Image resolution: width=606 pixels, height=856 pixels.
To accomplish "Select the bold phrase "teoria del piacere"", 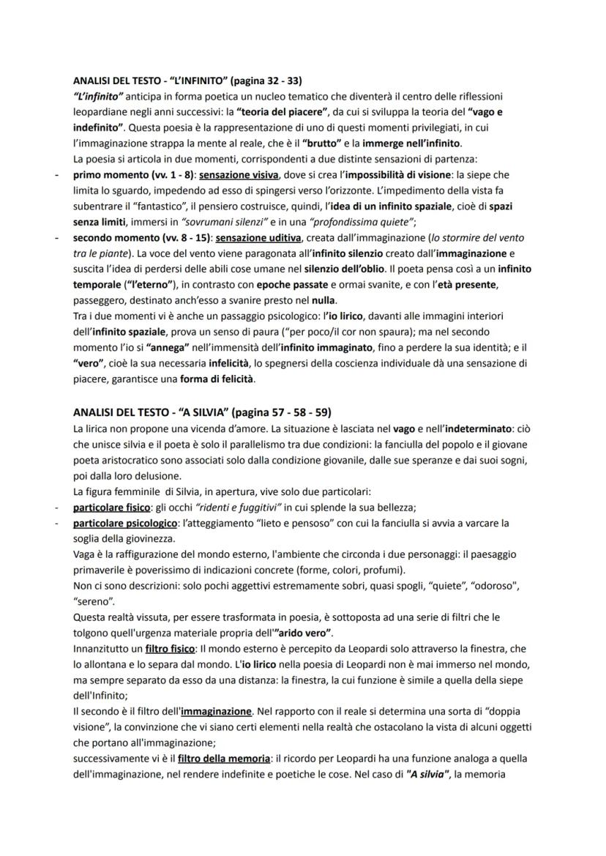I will pos(282,111).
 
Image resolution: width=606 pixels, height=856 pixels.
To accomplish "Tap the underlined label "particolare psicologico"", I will pos(124,523).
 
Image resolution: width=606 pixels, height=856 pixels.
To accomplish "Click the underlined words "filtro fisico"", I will pos(170,649).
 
